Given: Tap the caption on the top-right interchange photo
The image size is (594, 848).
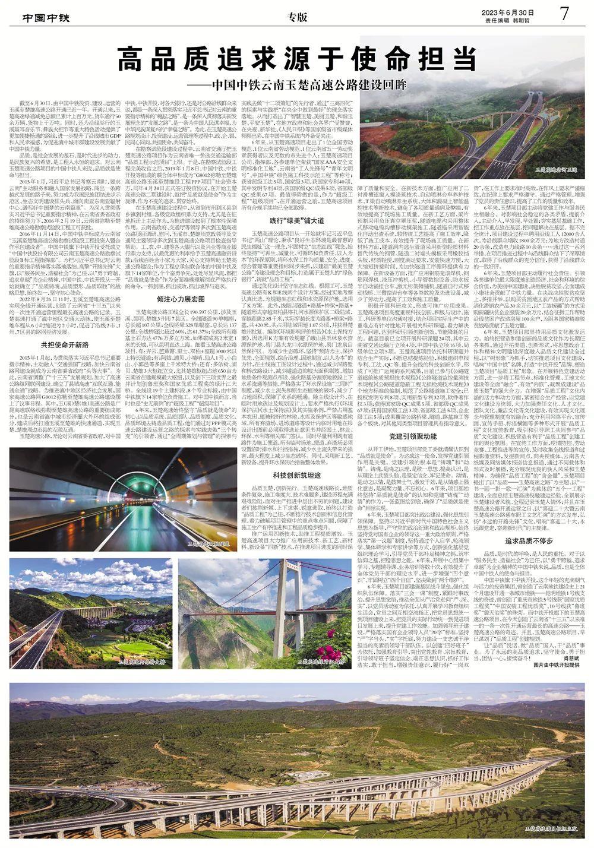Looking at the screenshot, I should tap(557, 170).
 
